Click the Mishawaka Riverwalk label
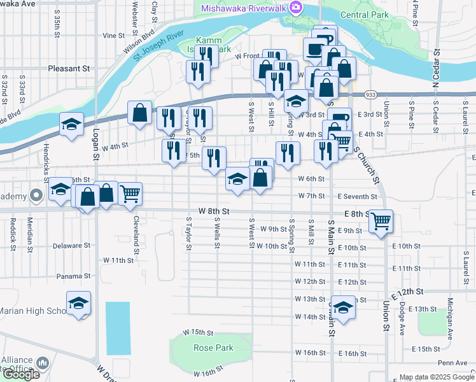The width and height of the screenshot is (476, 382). pos(244,8)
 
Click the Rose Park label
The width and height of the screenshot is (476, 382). pos(214,348)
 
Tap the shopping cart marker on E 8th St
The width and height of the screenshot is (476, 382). pos(381,221)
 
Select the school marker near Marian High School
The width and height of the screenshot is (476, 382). pos(78,303)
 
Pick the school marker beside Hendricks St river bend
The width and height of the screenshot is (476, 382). pos(72,124)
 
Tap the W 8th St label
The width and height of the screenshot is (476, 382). pos(213,210)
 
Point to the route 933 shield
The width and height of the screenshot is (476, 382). pos(370,94)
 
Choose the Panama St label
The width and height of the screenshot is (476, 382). pos(71,276)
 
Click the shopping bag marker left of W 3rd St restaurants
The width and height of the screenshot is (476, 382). pos(139,113)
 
